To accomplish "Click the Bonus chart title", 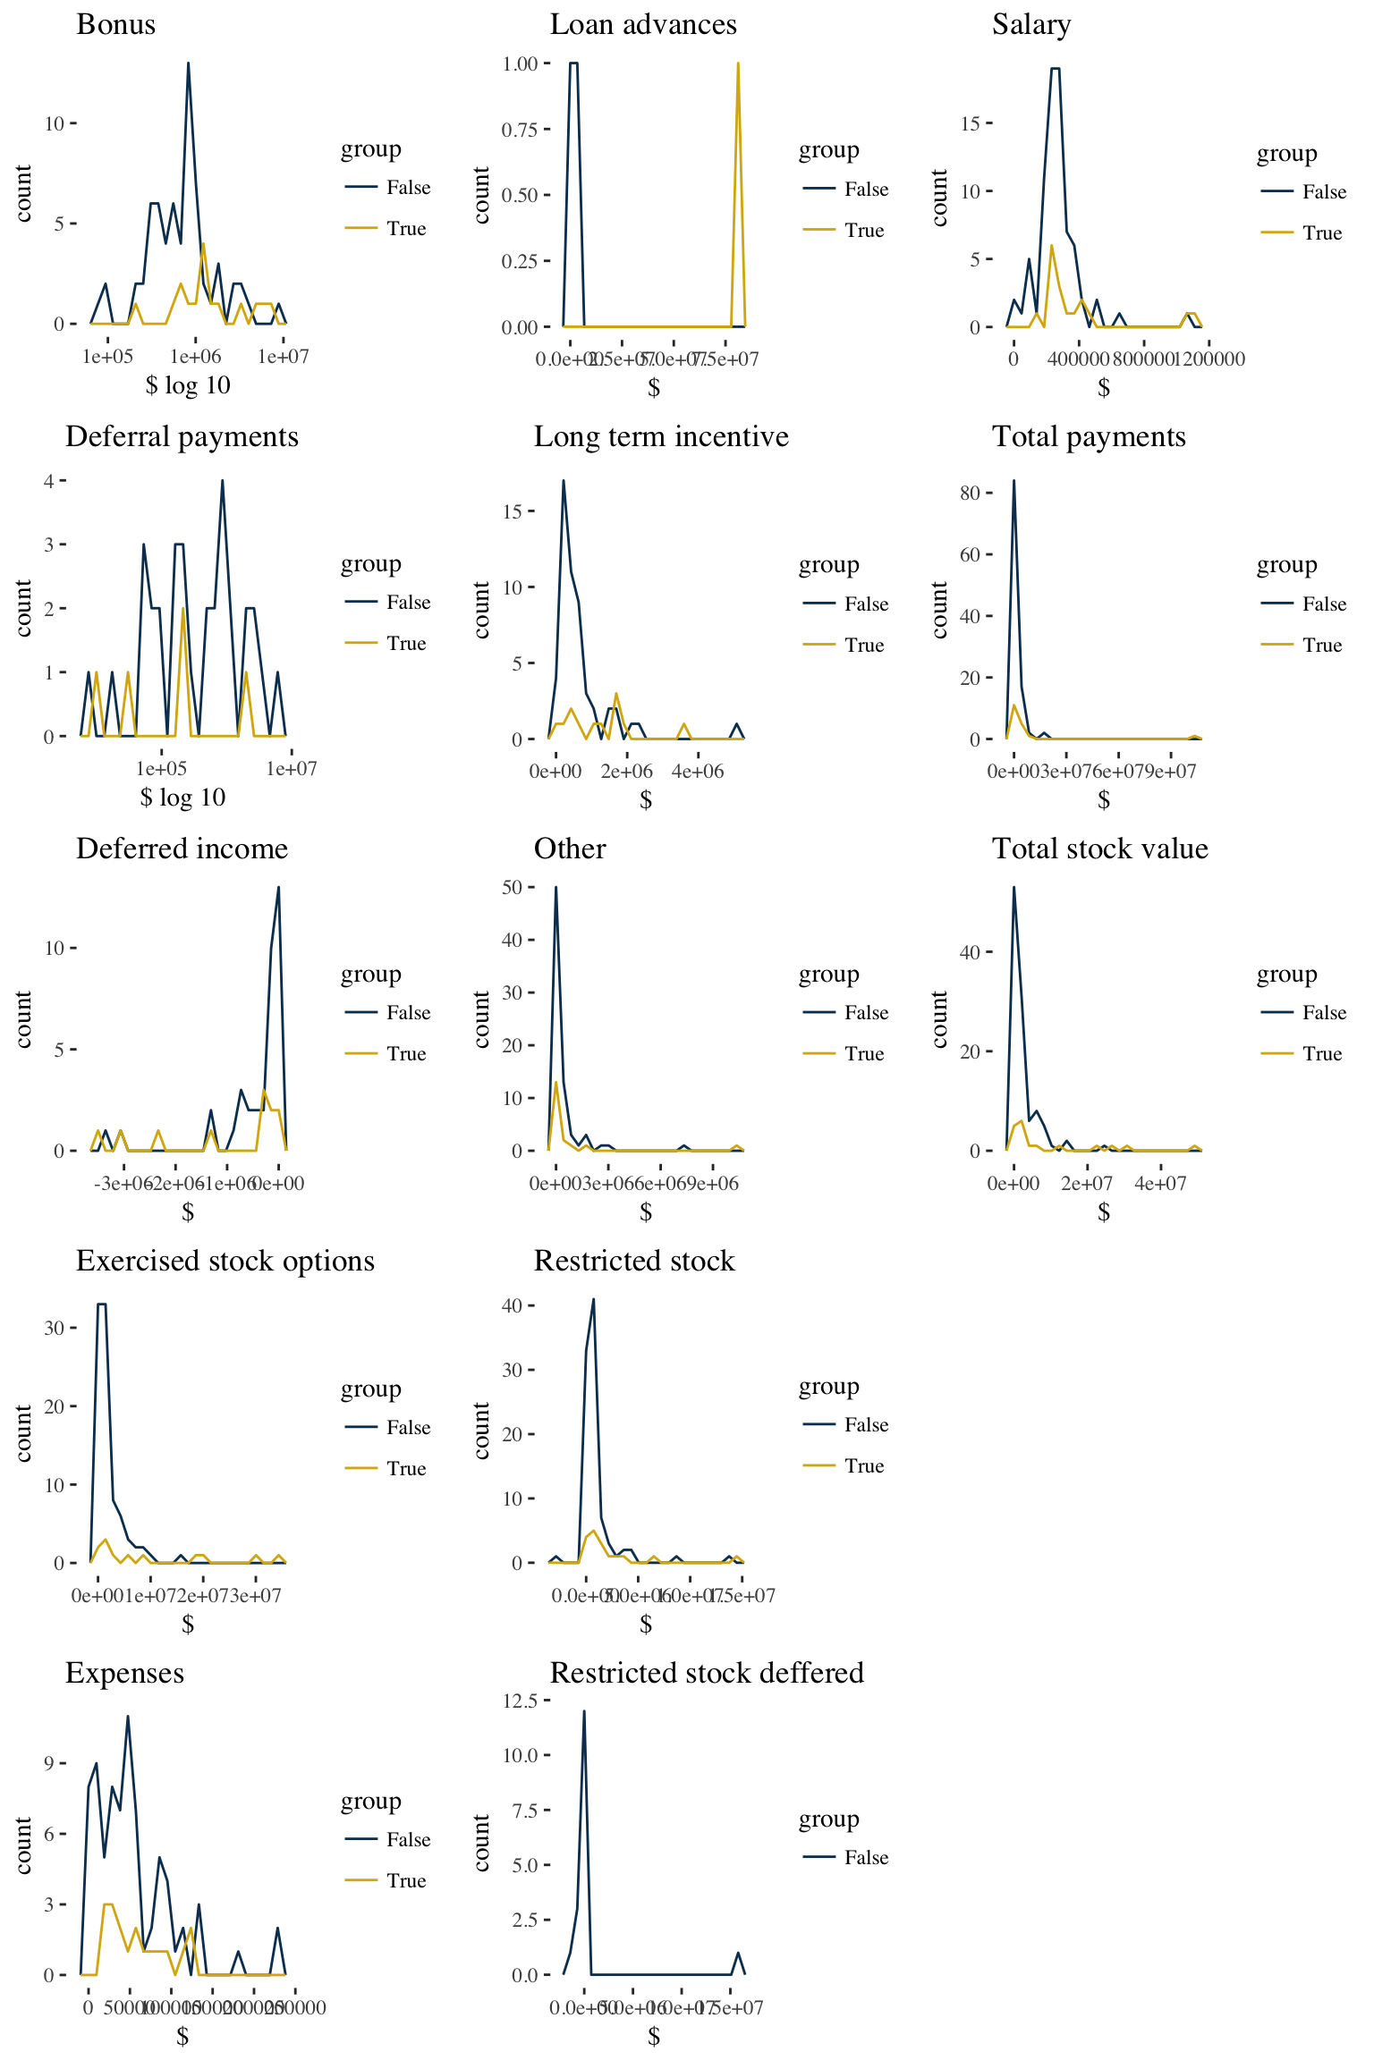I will pos(115,24).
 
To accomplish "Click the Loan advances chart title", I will pos(643,24).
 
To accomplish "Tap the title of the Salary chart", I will pos(1030,24).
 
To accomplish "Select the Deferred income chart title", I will pos(182,848).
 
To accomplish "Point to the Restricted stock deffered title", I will pos(706,1673).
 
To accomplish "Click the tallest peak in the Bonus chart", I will pos(188,63).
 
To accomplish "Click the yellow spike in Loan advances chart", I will pos(738,63).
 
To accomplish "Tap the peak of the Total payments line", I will pos(1014,481).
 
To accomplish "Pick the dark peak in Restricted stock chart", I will pos(593,1300).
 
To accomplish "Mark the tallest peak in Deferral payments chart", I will pos(222,481).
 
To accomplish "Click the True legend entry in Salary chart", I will pos(1321,233).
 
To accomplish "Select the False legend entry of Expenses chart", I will pos(408,1840).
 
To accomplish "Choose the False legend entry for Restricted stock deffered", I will pos(866,1858).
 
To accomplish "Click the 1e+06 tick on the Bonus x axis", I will pos(195,357).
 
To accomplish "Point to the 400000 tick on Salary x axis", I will pos(1079,359).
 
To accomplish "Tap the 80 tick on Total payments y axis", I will pos(970,493).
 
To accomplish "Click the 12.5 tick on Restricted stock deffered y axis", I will pos(520,1700).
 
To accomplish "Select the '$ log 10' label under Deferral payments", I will pos(182,798).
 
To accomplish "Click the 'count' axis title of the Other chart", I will pos(482,1018).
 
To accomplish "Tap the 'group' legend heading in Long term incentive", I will pos(828,565).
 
